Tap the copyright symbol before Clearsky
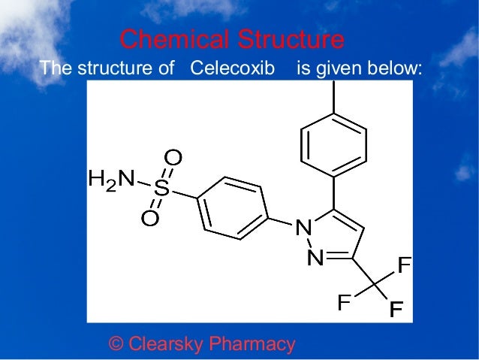click(x=116, y=344)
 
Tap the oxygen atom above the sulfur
click(x=173, y=158)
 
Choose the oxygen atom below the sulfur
click(x=149, y=219)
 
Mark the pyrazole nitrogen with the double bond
click(x=316, y=259)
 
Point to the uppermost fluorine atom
click(x=404, y=265)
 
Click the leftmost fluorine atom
click(x=344, y=303)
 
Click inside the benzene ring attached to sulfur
click(x=233, y=208)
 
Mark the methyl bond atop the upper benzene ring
click(x=333, y=96)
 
